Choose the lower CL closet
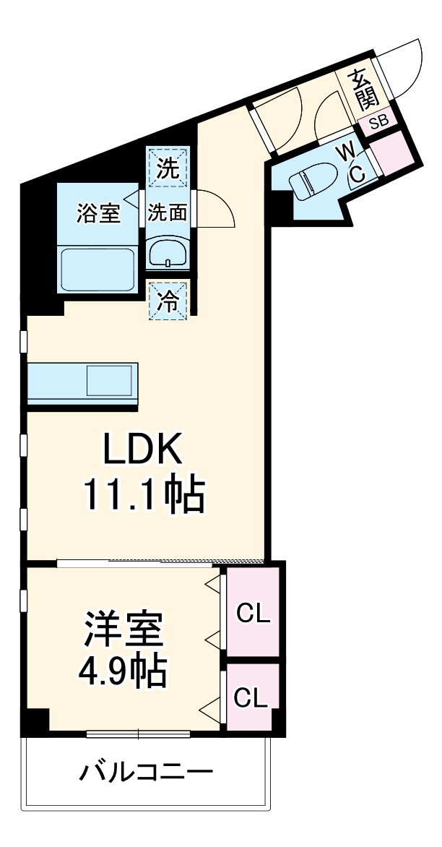[x=251, y=697]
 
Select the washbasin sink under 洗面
[x=168, y=253]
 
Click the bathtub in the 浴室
[x=97, y=268]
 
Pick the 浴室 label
[x=98, y=213]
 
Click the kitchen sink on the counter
[x=110, y=380]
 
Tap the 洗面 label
[x=168, y=213]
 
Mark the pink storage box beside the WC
[x=393, y=153]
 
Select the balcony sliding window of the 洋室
[x=138, y=734]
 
